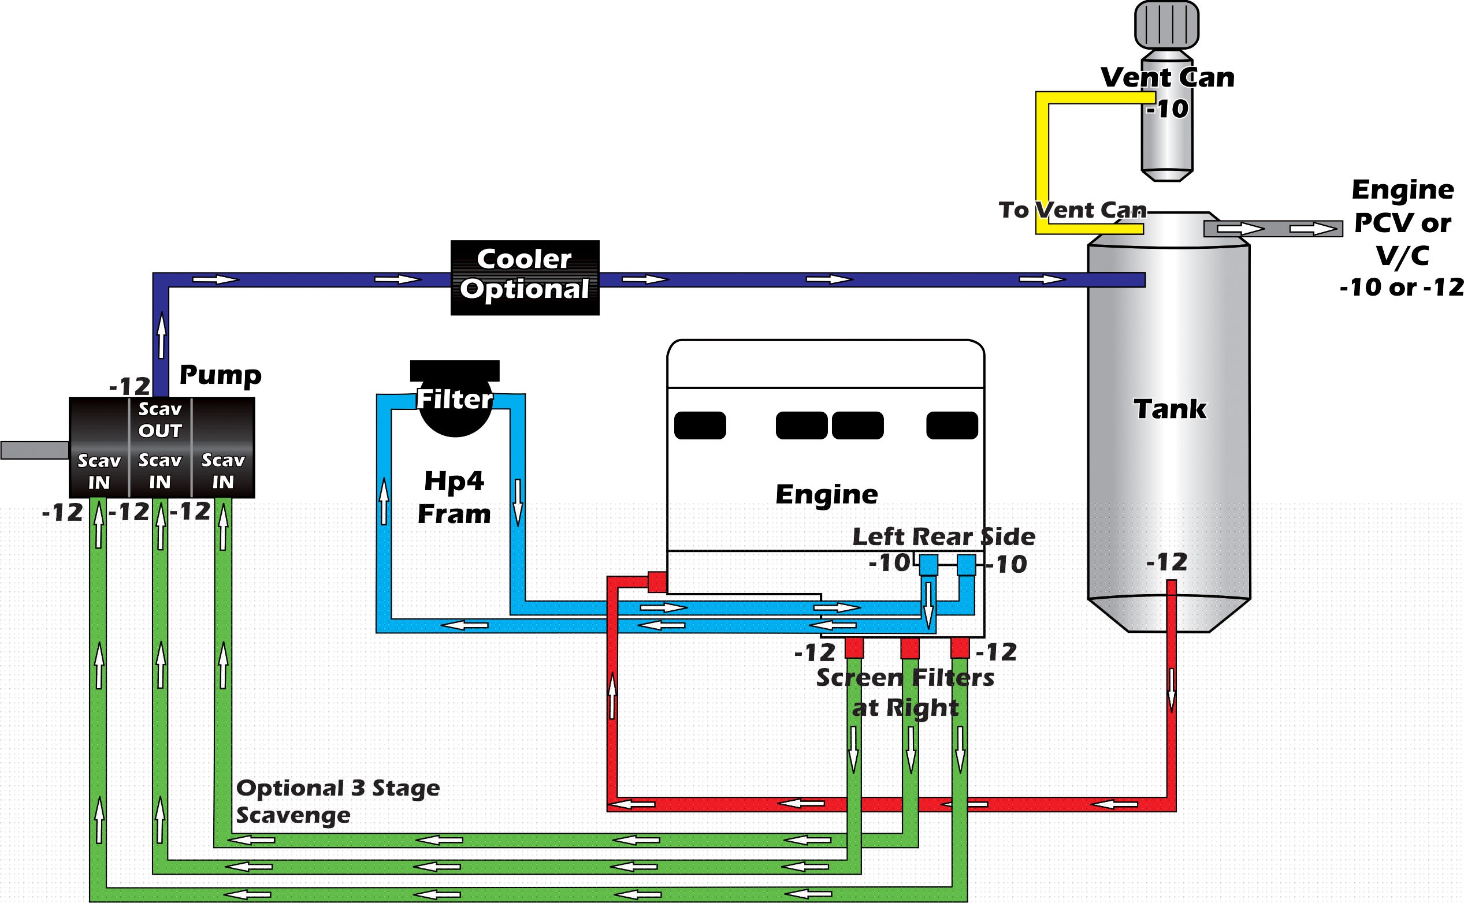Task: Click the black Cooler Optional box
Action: tap(525, 278)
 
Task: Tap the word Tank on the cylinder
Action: tap(1169, 409)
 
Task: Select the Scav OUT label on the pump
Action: tap(160, 420)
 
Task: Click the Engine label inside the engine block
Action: tap(826, 494)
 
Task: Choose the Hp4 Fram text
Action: tap(454, 498)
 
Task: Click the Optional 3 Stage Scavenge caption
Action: tap(337, 801)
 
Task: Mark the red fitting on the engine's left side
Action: tap(657, 581)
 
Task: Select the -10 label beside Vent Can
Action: tap(1168, 109)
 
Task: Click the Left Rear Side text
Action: tap(943, 537)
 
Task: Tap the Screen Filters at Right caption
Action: tap(905, 693)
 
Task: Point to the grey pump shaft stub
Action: tap(35, 450)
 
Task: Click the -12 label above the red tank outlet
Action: tap(1166, 562)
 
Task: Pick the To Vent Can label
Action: tap(1073, 210)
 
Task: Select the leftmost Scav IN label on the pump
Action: tap(99, 472)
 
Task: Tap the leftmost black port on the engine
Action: tap(700, 425)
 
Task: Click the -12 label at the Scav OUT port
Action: tap(129, 386)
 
